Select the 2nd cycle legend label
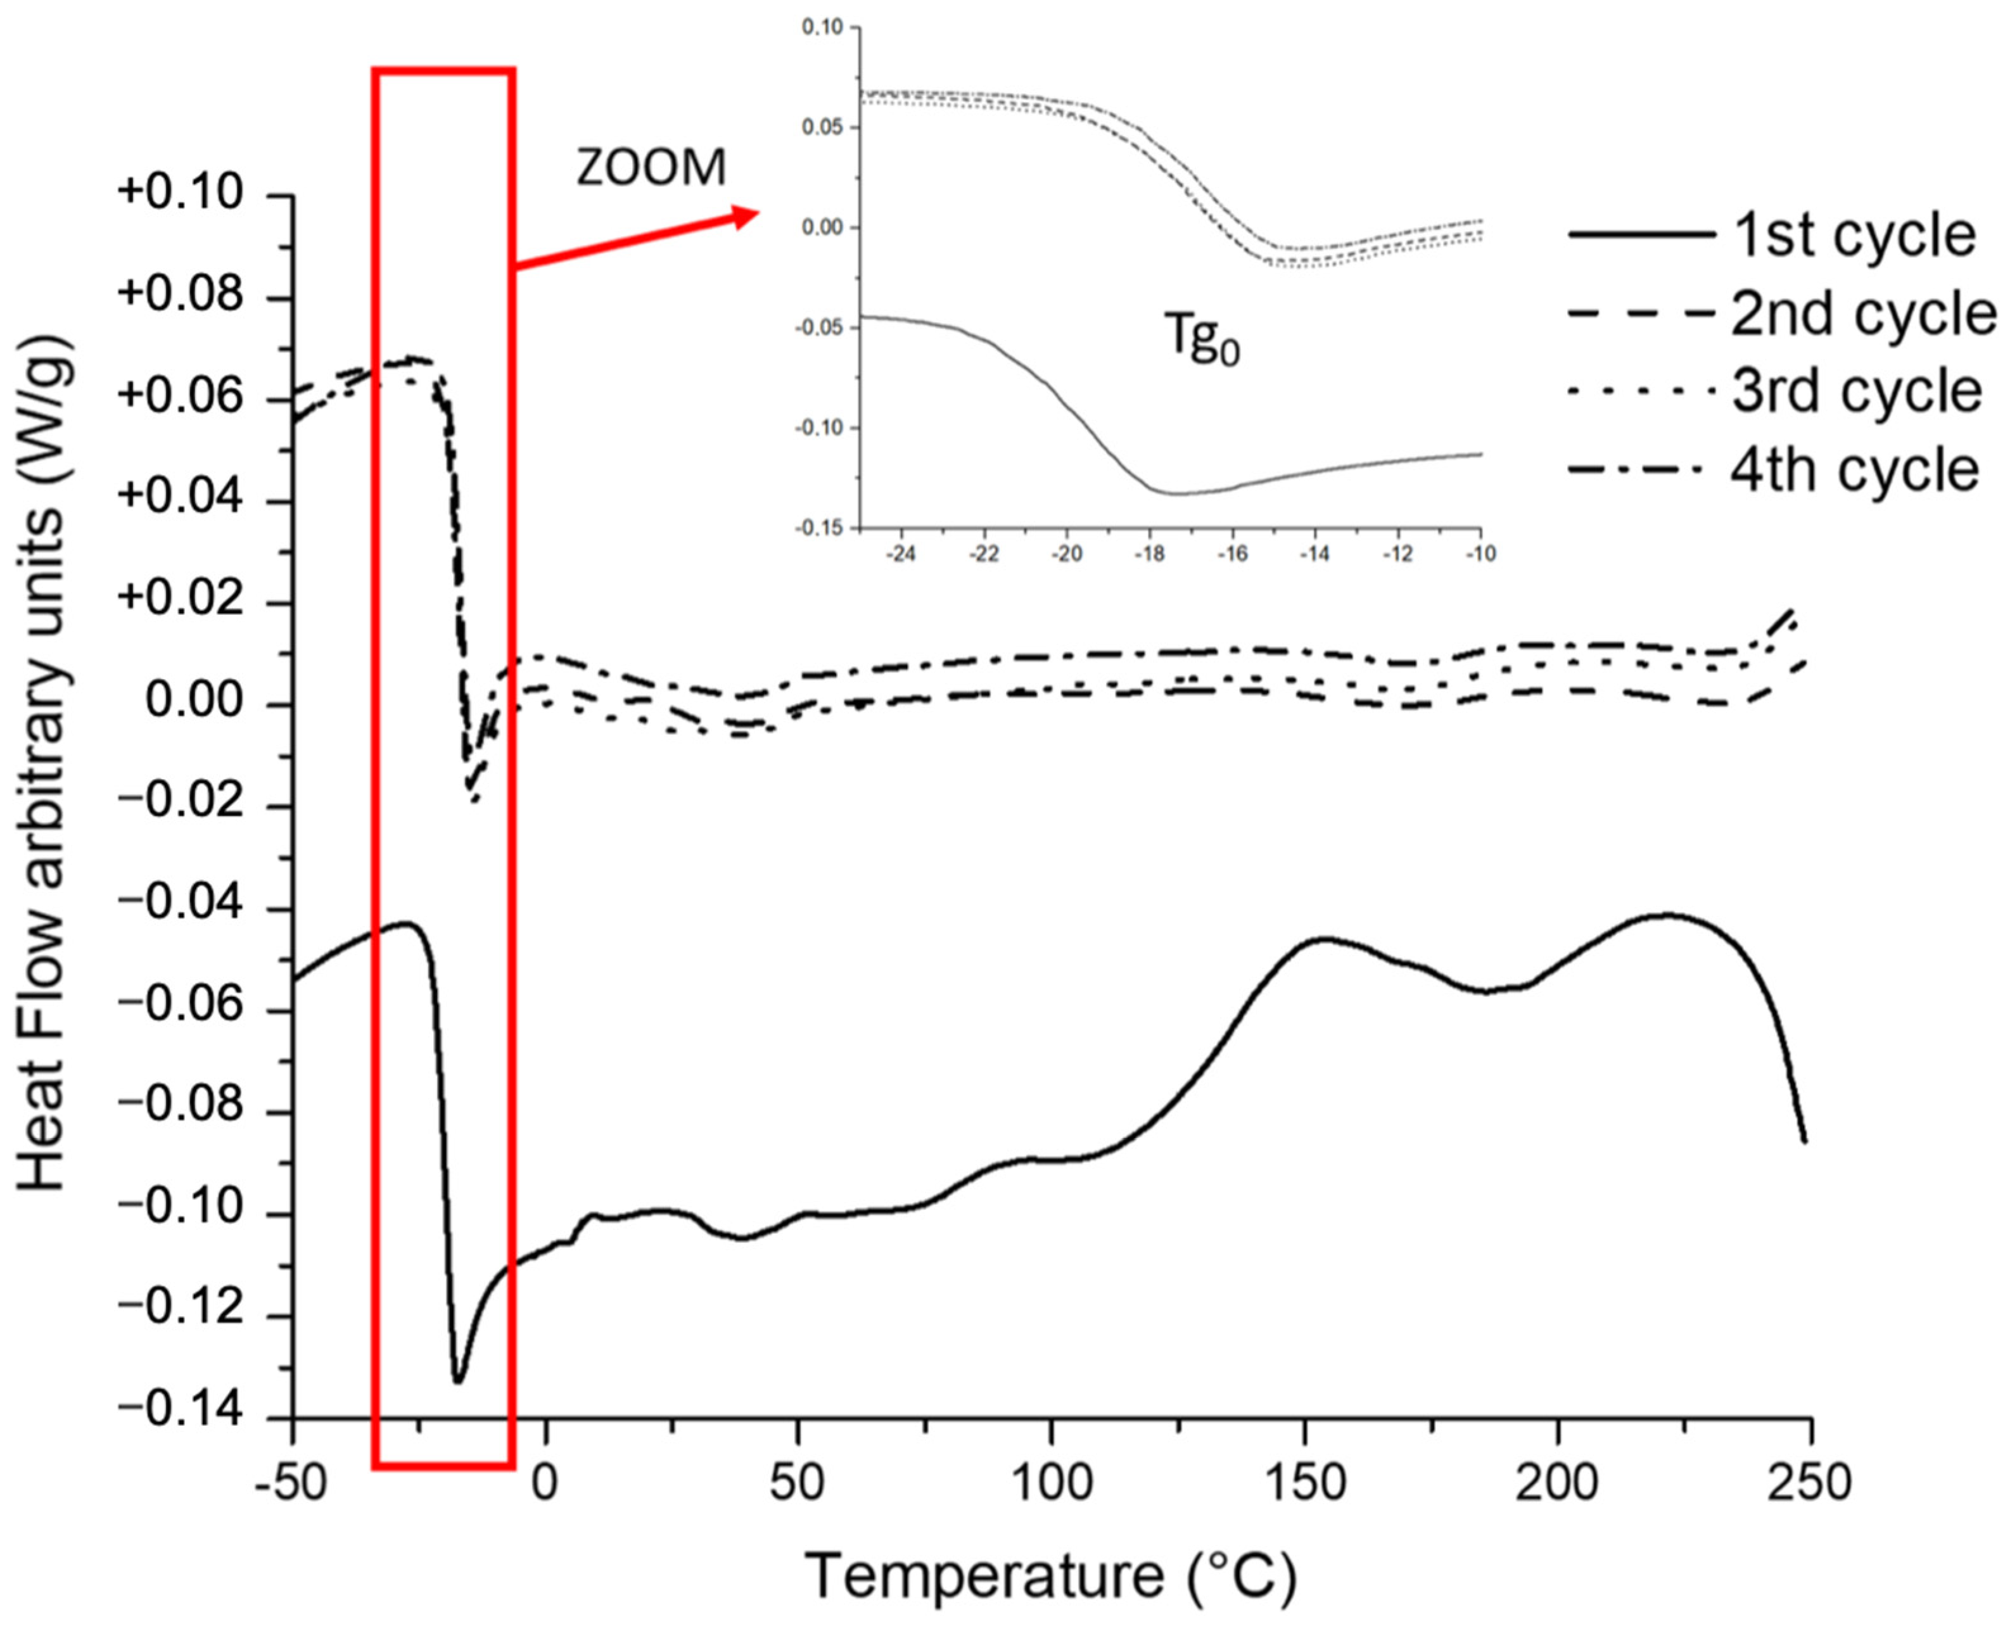[x=1862, y=314]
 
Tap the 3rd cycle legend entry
[x=1856, y=391]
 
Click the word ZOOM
[x=651, y=169]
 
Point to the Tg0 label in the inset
[x=1202, y=336]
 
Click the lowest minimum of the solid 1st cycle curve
[x=457, y=1381]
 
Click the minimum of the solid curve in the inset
[x=1174, y=493]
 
